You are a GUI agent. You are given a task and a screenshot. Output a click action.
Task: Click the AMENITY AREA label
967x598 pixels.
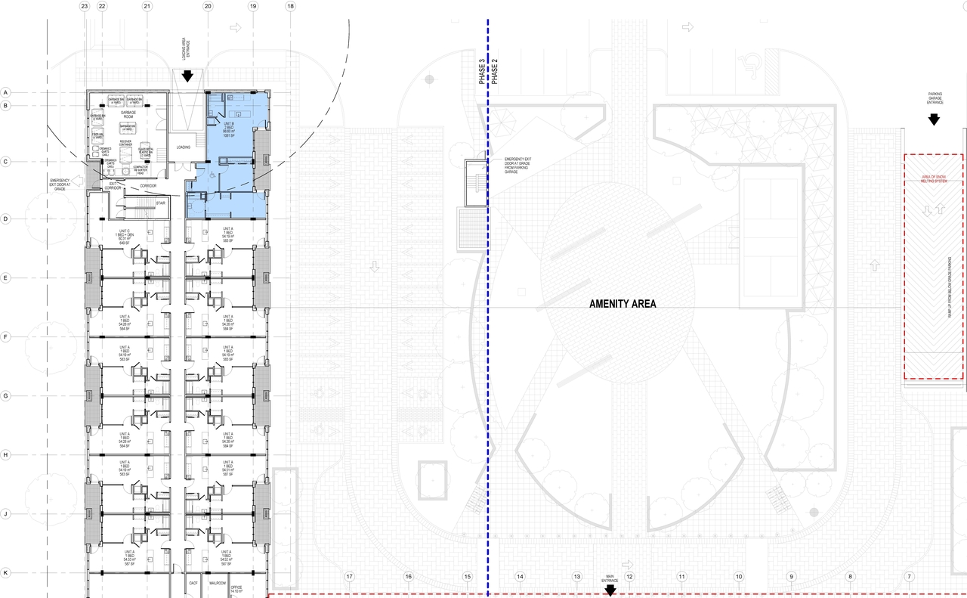(x=623, y=304)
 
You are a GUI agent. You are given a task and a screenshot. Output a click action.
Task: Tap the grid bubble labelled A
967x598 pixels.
(x=5, y=92)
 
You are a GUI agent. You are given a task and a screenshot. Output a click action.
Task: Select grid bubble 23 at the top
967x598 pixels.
(x=84, y=6)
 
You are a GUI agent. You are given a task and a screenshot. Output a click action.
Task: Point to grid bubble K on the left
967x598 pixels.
(x=5, y=573)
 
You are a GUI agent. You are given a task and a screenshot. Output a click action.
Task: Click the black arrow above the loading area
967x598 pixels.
(x=188, y=76)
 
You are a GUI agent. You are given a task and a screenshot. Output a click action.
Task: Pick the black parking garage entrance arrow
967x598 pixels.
(x=934, y=119)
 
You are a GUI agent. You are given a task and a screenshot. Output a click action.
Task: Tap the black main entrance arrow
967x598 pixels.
(x=610, y=590)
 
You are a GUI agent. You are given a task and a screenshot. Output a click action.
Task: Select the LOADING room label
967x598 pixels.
(x=184, y=147)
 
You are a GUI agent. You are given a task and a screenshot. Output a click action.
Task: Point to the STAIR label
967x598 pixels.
(x=161, y=203)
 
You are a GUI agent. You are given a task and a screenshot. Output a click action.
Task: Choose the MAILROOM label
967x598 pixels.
(x=218, y=584)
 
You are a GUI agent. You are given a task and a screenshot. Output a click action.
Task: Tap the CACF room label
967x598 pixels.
(x=193, y=584)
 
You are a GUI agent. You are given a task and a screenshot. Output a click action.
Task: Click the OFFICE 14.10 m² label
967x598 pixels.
(x=236, y=587)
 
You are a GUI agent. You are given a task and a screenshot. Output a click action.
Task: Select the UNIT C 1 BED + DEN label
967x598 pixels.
(x=125, y=235)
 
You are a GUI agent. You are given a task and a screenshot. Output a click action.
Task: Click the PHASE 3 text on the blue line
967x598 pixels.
(x=482, y=70)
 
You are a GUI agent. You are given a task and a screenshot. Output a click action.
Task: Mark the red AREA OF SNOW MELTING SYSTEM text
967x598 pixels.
(x=933, y=178)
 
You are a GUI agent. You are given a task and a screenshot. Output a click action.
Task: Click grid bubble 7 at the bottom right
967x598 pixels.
(x=909, y=577)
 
